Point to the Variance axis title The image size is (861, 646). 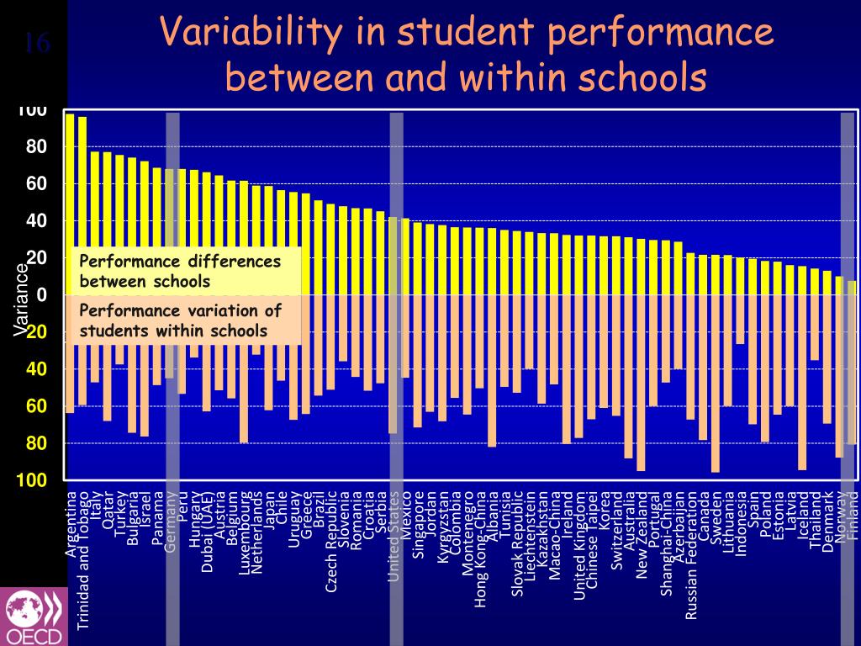coord(20,299)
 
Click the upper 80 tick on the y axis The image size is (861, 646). coord(36,147)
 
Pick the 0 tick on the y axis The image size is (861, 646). coord(41,294)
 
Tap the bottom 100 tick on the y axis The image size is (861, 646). coord(34,480)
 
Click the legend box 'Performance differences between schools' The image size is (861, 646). coord(187,271)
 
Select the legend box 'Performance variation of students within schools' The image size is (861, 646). coord(187,320)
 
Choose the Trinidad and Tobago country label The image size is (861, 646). coord(83,559)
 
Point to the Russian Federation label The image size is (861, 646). coord(691,556)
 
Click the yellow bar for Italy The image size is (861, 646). coord(95,223)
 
